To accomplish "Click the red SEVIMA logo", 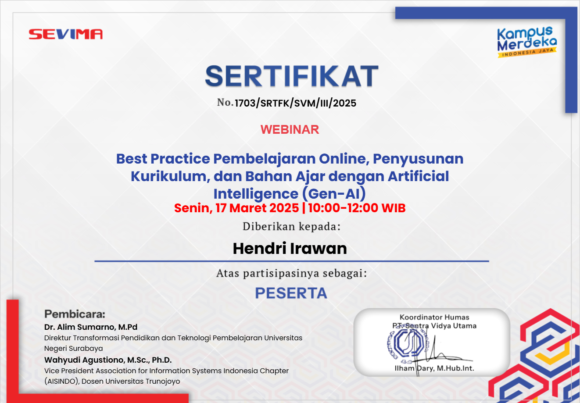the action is click(x=65, y=34).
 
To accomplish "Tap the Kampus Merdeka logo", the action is click(x=527, y=42).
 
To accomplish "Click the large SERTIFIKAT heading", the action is click(x=292, y=76).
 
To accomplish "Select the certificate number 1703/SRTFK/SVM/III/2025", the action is click(x=295, y=103).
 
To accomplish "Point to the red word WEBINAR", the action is click(x=290, y=129).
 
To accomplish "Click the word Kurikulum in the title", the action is click(x=170, y=176).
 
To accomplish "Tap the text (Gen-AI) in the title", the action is click(x=334, y=193).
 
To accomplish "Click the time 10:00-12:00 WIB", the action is click(x=357, y=208).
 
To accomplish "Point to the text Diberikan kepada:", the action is click(x=292, y=226).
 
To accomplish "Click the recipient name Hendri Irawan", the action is click(x=290, y=249).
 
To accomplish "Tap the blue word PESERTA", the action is click(x=291, y=293).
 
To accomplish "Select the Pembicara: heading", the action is click(x=75, y=314).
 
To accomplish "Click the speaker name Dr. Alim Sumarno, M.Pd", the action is click(x=91, y=327).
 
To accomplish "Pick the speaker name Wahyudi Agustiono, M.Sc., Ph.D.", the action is click(x=108, y=360).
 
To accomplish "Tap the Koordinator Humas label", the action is click(x=434, y=317).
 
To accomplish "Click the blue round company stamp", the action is click(x=408, y=343).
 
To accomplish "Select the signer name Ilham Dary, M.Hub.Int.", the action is click(x=434, y=368).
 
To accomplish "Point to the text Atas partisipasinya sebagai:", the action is click(x=292, y=273).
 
